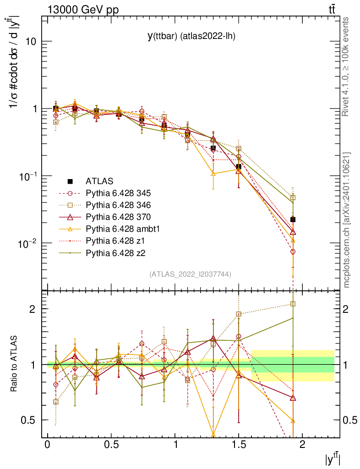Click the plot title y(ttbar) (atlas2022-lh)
pos(191,37)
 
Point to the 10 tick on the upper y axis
pos(30,42)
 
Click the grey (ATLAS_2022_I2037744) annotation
pos(190,274)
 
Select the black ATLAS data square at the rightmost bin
pos(293,220)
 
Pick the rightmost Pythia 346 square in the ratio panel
pos(293,304)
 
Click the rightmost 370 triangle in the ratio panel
pos(293,398)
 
